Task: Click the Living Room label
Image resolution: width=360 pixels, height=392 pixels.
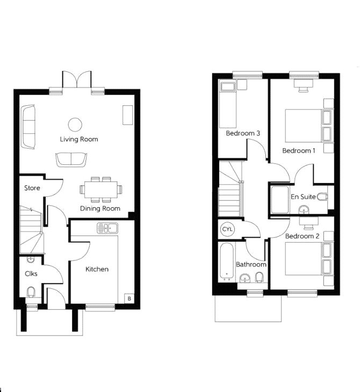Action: (79, 139)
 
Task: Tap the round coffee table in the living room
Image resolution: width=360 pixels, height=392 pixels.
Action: (75, 124)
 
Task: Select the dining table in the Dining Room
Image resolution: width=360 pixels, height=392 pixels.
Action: (101, 190)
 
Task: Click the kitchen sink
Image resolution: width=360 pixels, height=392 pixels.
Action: (107, 228)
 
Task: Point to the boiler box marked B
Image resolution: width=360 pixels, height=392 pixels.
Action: (129, 298)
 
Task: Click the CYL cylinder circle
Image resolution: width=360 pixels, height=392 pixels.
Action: (227, 229)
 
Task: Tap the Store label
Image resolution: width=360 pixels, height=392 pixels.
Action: (32, 188)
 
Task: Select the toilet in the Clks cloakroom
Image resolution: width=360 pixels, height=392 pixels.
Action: (31, 292)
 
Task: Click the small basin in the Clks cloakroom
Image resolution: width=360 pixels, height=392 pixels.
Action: (31, 259)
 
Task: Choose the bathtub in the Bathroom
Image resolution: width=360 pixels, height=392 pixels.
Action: (227, 261)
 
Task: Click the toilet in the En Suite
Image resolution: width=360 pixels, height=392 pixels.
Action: (322, 197)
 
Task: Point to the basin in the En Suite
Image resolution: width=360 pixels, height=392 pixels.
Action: (304, 209)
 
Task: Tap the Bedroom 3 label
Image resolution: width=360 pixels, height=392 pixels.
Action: (243, 133)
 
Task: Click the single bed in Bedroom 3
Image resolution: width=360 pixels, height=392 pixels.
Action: (228, 104)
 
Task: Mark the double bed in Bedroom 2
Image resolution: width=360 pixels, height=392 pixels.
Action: (309, 258)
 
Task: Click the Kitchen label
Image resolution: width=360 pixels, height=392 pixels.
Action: (97, 269)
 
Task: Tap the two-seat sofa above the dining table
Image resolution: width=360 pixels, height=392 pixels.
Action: (71, 159)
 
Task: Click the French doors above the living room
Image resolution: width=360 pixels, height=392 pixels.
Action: (77, 79)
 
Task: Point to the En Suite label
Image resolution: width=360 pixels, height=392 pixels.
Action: (303, 197)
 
